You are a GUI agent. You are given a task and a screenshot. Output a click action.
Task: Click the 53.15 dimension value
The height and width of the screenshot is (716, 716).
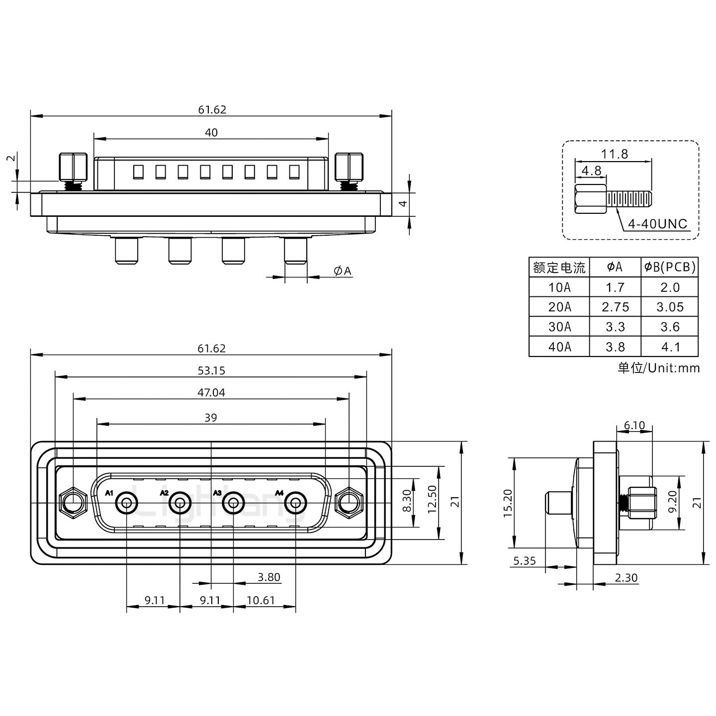click(211, 370)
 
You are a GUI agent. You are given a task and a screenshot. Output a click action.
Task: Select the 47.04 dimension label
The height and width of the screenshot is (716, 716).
click(211, 393)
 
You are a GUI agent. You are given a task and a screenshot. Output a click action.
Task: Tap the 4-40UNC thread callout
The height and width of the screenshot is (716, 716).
click(657, 224)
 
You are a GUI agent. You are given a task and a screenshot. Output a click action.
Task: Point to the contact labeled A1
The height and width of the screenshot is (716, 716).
click(127, 504)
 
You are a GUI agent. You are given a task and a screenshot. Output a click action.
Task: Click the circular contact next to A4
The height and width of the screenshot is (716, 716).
click(295, 504)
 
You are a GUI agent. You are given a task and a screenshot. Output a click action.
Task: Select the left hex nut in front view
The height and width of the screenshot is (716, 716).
click(73, 502)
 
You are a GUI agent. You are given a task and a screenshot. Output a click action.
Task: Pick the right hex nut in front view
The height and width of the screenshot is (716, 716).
click(349, 502)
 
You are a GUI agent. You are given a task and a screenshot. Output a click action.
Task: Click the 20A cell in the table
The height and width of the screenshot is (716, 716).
click(559, 307)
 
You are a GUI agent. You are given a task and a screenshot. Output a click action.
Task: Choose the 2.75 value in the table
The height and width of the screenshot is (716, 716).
click(615, 307)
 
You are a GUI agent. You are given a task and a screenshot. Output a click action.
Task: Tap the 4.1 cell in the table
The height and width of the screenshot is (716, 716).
click(670, 347)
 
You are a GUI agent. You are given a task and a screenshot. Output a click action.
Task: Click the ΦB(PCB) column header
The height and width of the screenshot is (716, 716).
click(670, 268)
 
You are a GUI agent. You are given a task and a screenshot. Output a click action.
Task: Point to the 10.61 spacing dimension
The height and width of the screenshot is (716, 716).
click(261, 601)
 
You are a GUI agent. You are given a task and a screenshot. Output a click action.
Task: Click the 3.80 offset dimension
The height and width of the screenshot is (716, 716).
click(269, 577)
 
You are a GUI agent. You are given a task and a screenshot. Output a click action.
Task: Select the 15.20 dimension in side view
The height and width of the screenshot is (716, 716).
click(507, 503)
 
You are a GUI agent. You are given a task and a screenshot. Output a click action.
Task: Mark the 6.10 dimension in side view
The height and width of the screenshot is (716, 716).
click(634, 426)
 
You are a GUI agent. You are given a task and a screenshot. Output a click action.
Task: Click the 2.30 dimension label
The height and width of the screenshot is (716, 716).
click(626, 578)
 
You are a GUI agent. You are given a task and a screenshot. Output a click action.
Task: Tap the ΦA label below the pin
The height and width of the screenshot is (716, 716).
click(343, 271)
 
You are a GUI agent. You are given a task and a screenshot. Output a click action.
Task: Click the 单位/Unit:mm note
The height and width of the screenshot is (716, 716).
click(658, 368)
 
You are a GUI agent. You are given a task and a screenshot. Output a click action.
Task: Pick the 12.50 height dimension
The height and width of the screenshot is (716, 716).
click(432, 499)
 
